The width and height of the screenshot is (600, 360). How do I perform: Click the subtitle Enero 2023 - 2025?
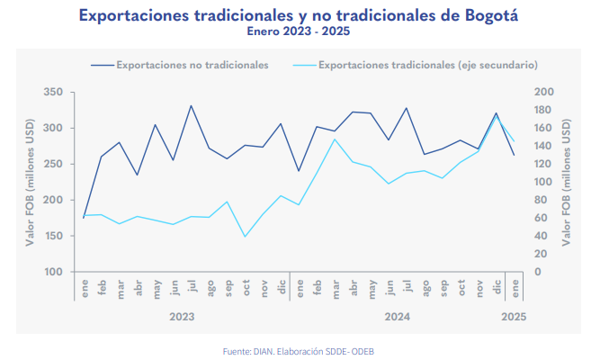(x=299, y=31)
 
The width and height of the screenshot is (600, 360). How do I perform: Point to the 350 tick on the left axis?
(x=52, y=93)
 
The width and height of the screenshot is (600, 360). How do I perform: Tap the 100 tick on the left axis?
(x=52, y=272)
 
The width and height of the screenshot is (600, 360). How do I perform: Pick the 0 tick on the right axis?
(x=537, y=272)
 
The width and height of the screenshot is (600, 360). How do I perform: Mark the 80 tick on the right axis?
(x=541, y=200)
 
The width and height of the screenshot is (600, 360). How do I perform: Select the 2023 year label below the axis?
(x=182, y=317)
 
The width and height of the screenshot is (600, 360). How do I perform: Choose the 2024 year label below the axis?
(x=397, y=317)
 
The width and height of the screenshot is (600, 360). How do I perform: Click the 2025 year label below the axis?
(x=514, y=317)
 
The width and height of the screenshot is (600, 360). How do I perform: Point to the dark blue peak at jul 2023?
(x=191, y=105)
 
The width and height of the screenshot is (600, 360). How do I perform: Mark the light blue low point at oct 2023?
(x=245, y=237)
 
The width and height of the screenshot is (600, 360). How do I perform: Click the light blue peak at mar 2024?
(x=335, y=139)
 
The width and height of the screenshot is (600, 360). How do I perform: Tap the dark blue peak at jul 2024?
(x=406, y=108)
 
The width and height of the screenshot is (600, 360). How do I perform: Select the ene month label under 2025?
(x=514, y=287)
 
